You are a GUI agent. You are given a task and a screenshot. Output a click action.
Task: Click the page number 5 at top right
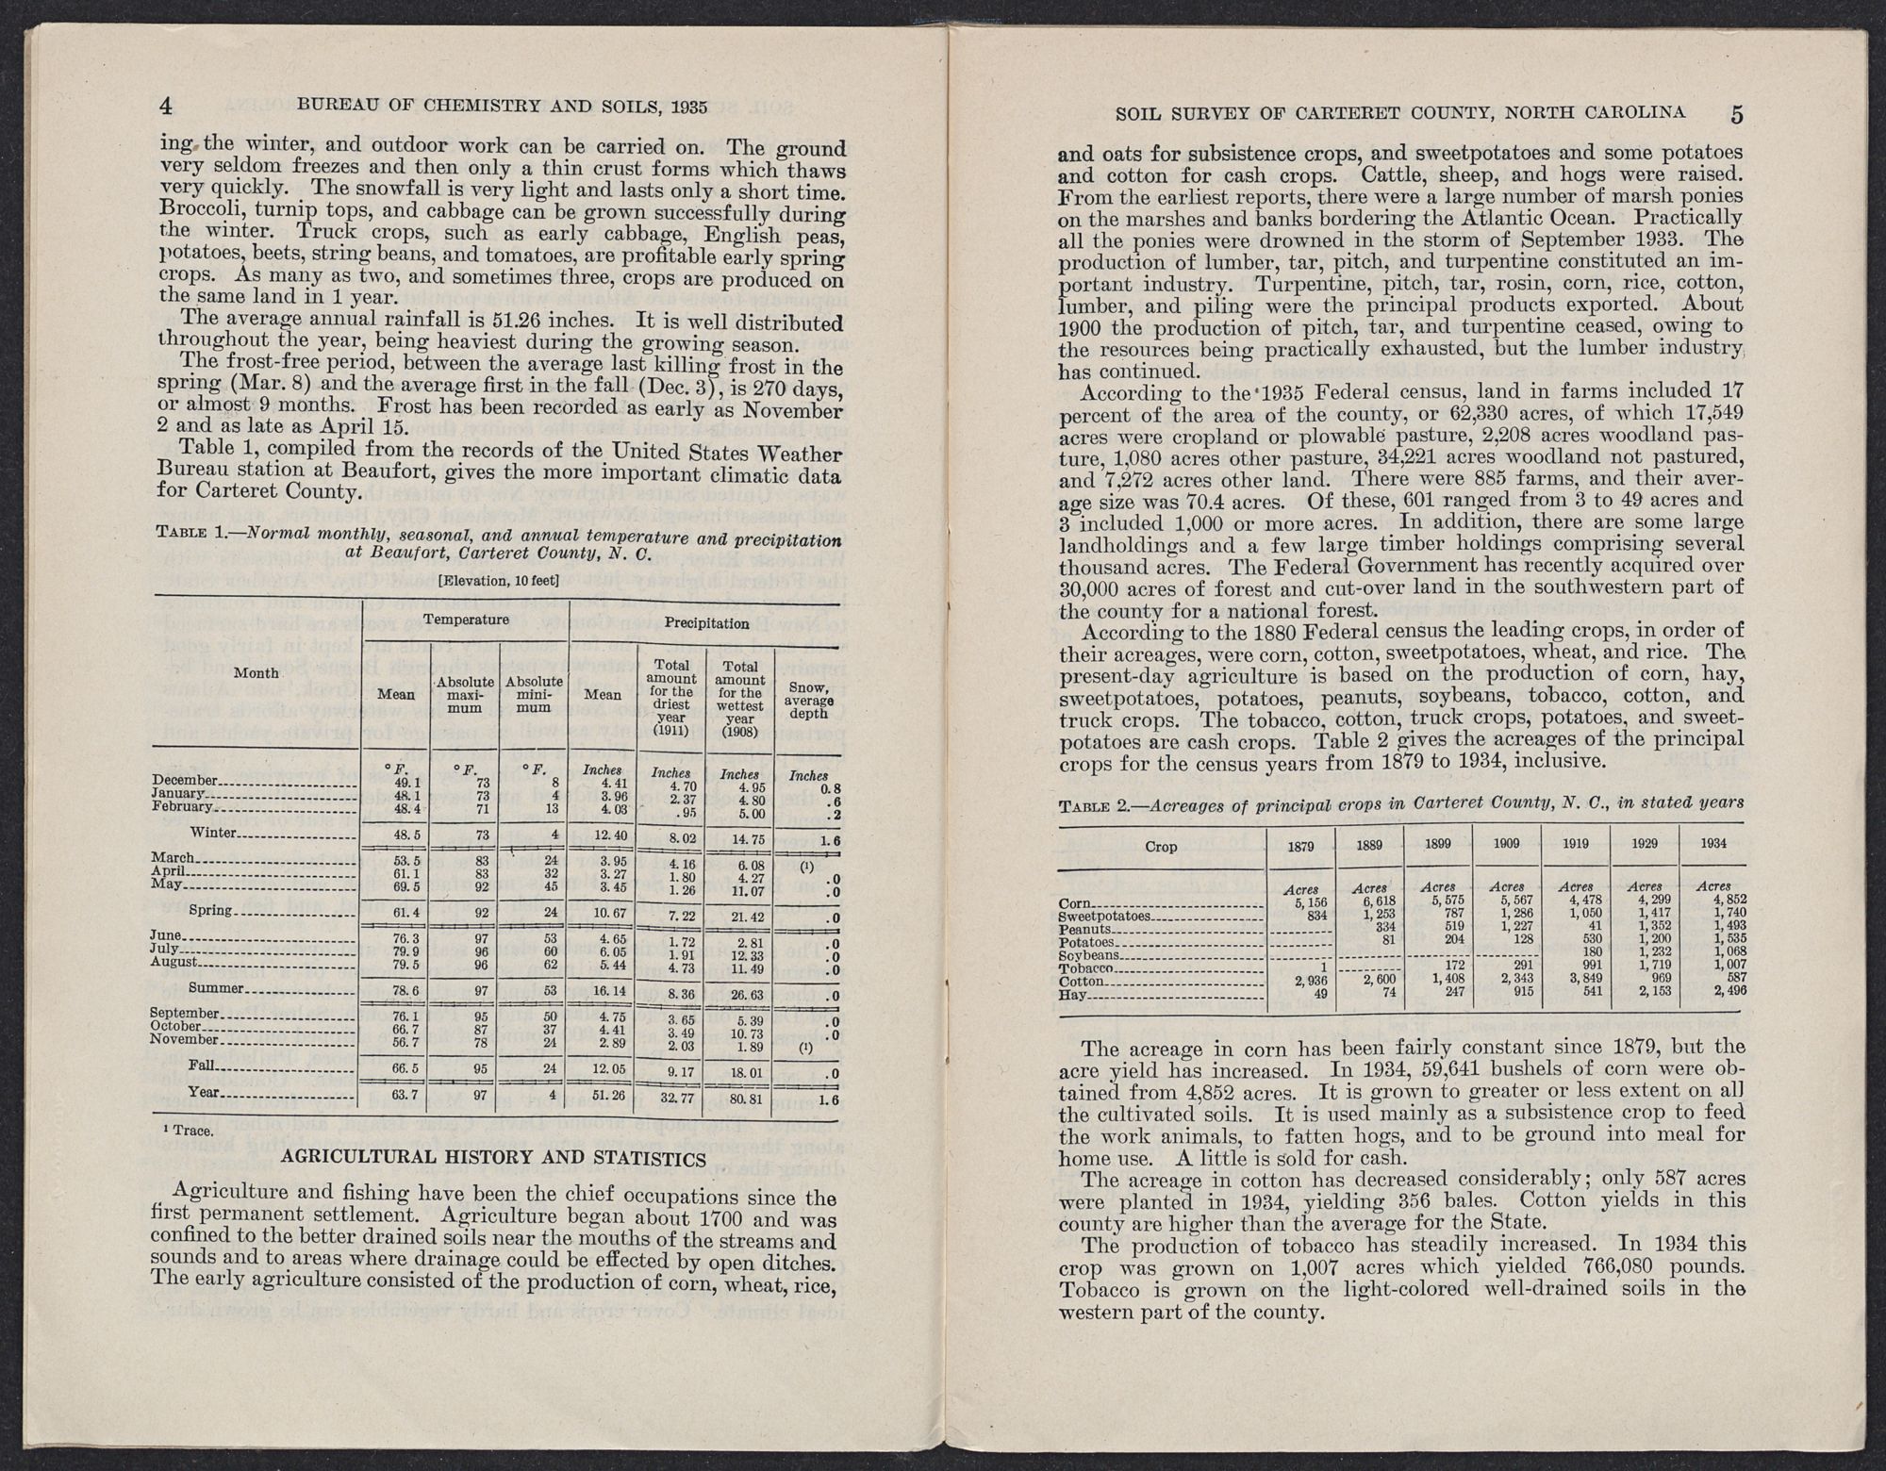(x=1736, y=114)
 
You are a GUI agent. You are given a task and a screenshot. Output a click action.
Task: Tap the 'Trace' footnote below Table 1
(x=188, y=1130)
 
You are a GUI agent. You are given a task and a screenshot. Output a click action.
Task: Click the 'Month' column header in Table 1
(x=256, y=673)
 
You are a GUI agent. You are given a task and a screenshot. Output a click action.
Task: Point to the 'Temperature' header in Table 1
(x=465, y=620)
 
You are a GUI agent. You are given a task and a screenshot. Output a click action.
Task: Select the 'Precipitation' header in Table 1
(x=706, y=623)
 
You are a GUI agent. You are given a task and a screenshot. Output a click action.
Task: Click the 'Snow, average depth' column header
(x=808, y=700)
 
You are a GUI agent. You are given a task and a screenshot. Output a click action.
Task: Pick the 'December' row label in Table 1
(x=185, y=781)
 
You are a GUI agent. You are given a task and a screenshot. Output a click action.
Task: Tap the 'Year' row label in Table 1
(x=205, y=1093)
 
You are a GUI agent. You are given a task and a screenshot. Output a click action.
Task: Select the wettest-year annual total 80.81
(x=740, y=1098)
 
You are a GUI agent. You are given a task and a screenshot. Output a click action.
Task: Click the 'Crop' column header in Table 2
(x=1161, y=847)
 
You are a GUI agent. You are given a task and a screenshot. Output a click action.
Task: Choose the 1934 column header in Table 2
(x=1713, y=844)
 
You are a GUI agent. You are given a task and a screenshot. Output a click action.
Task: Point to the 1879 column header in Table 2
(x=1300, y=846)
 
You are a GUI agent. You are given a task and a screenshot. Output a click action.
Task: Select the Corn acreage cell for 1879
(x=1299, y=902)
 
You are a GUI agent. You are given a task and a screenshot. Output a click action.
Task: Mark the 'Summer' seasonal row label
(x=217, y=989)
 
